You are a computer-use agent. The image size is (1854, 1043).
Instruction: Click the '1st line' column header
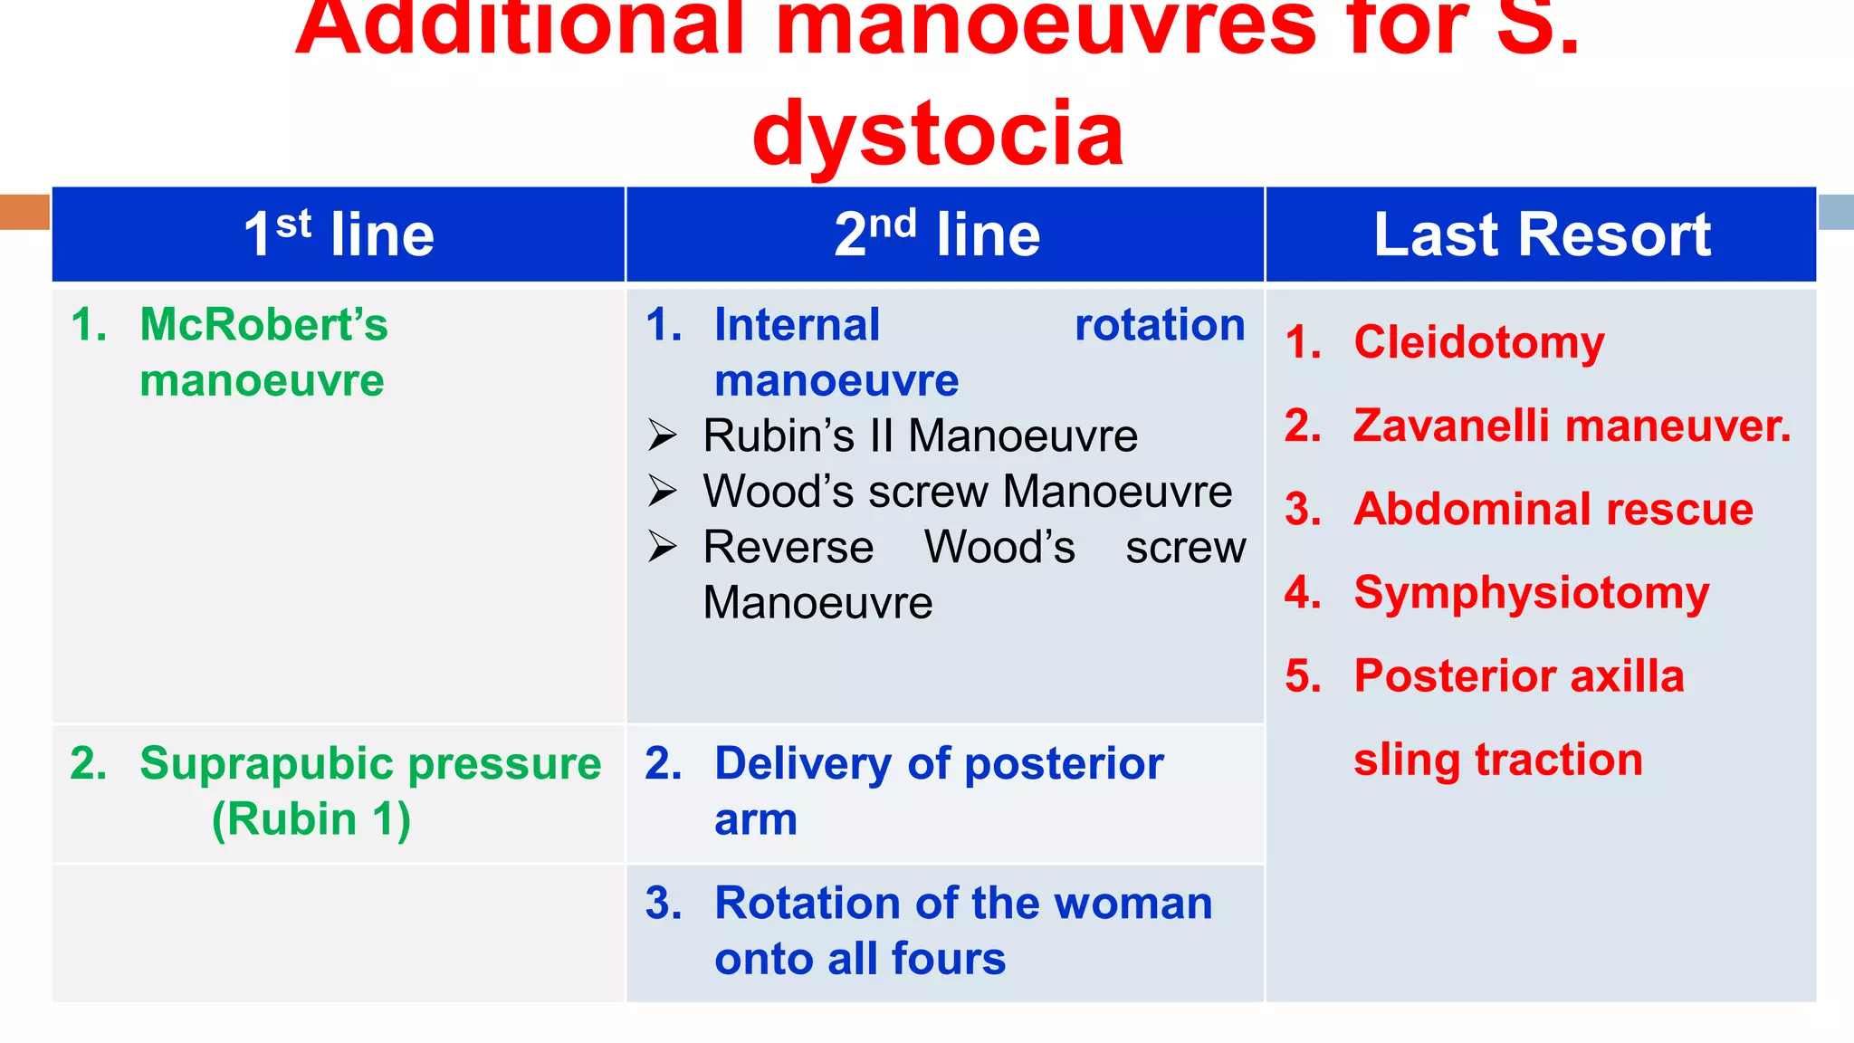(x=339, y=234)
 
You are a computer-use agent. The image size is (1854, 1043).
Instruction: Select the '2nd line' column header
(x=937, y=234)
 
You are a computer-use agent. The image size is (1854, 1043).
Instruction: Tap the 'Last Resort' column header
(x=1542, y=234)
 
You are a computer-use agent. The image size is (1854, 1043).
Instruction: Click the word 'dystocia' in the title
(x=938, y=134)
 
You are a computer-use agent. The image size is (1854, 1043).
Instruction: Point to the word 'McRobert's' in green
(x=263, y=324)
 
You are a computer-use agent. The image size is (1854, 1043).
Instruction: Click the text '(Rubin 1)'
(x=311, y=819)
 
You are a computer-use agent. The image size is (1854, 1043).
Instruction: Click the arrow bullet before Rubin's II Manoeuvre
(x=662, y=436)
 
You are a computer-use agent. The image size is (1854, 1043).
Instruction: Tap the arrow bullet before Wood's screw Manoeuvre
(x=662, y=492)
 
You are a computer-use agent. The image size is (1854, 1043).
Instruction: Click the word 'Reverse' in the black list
(x=788, y=548)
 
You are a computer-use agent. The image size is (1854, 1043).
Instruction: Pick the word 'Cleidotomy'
(x=1478, y=342)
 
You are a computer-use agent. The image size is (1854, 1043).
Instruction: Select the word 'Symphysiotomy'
(x=1531, y=593)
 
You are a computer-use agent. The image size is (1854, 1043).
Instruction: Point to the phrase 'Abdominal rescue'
(x=1553, y=509)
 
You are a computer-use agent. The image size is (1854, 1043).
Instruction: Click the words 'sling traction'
(x=1497, y=760)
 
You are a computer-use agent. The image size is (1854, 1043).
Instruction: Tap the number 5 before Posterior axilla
(x=1302, y=676)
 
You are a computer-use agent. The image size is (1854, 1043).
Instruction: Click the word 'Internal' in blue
(x=797, y=324)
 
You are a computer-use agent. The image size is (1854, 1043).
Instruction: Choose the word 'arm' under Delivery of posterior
(x=755, y=819)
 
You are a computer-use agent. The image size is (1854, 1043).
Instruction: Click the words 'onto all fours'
(x=859, y=959)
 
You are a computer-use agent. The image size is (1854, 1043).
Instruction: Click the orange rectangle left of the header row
(x=24, y=212)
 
